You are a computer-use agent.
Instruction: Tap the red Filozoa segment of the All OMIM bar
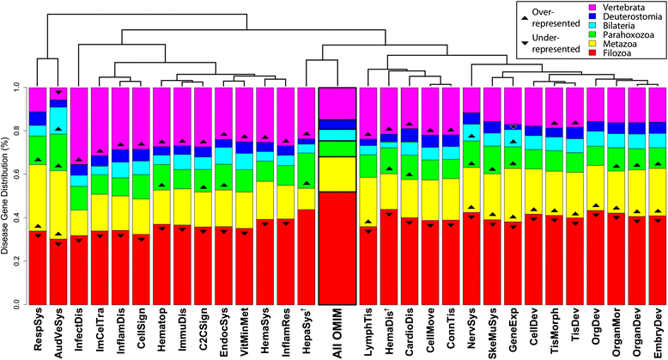point(337,248)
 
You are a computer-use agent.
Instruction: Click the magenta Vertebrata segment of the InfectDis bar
point(79,125)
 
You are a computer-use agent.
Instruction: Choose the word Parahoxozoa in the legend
point(629,35)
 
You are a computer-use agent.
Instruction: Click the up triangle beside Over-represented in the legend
point(525,16)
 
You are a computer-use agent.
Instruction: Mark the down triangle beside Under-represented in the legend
point(525,43)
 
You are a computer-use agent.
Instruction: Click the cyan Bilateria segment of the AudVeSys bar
point(58,120)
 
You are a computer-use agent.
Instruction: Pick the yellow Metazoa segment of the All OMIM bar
point(337,174)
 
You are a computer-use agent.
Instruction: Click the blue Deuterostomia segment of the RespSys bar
point(38,119)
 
